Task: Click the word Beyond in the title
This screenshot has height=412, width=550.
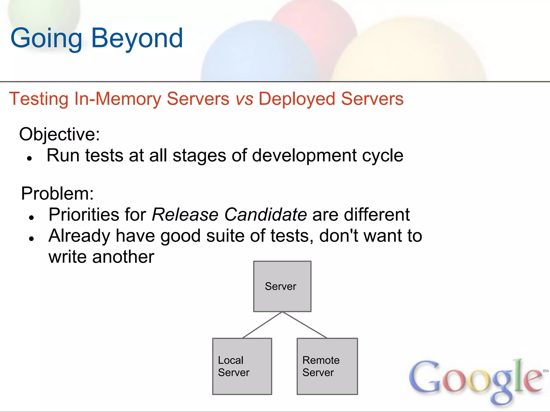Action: [x=137, y=38]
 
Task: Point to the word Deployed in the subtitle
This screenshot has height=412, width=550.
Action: [x=297, y=99]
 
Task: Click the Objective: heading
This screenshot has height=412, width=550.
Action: [x=59, y=134]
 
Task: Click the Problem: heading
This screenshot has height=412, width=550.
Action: [x=57, y=193]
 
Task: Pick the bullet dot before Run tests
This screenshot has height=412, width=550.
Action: [x=30, y=159]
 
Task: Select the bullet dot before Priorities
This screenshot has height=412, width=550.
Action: [x=31, y=218]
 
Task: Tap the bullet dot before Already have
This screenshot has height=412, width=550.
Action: [x=31, y=238]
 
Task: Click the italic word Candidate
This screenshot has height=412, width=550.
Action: [x=265, y=215]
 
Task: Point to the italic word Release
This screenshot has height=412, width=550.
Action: [x=185, y=215]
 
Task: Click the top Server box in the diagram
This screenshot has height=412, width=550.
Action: [x=282, y=286]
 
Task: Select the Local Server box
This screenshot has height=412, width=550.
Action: [x=242, y=366]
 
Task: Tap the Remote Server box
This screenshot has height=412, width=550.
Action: [x=327, y=366]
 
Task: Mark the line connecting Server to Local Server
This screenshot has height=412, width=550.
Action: [x=262, y=325]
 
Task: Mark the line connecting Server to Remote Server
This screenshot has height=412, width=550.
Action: [x=305, y=325]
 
